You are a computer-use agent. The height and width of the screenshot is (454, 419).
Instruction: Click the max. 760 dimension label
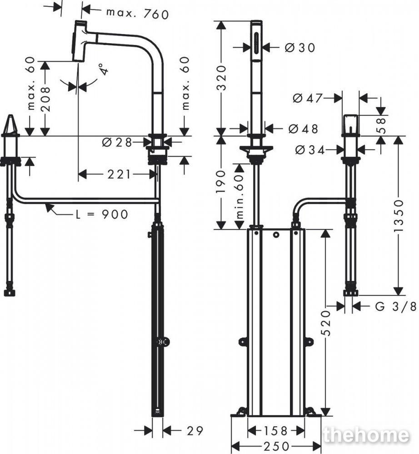tap(137, 14)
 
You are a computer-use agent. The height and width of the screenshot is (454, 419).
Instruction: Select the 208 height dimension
tap(45, 99)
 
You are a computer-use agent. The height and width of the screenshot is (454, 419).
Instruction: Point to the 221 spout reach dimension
tap(119, 174)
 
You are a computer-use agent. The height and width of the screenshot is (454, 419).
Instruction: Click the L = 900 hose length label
tap(101, 215)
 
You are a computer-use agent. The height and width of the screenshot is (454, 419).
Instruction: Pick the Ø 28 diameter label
tap(117, 142)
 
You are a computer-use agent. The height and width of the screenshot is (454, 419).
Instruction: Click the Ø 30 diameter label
tap(299, 48)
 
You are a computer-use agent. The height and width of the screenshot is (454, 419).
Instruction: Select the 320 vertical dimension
tap(221, 78)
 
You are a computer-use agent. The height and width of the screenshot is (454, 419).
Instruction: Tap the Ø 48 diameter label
tap(303, 129)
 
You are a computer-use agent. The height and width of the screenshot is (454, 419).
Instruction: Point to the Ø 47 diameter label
tap(308, 99)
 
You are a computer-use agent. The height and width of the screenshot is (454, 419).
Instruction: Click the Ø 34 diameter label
tap(310, 150)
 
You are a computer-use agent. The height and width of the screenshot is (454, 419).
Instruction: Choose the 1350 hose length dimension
tap(399, 215)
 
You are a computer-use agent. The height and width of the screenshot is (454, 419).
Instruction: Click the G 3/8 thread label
tap(396, 306)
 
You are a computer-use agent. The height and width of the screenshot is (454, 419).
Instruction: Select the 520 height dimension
tap(326, 323)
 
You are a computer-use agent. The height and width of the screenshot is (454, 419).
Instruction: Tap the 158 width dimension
tap(275, 431)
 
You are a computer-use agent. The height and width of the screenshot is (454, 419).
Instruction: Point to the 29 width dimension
tap(195, 431)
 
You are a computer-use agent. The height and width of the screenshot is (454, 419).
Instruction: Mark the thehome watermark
tap(367, 435)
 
